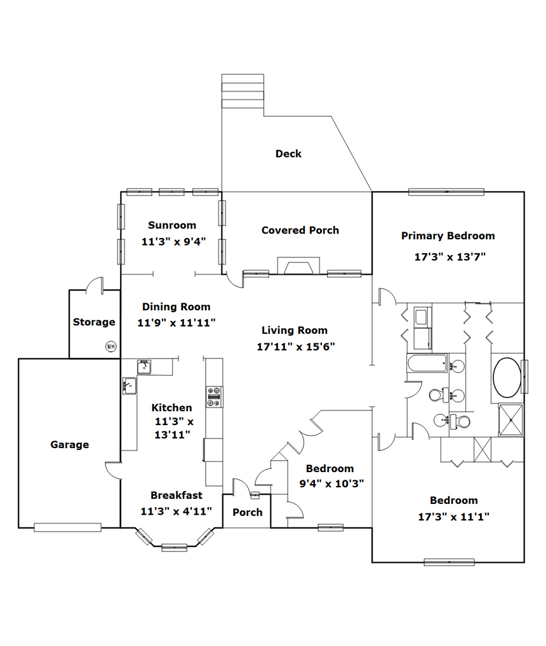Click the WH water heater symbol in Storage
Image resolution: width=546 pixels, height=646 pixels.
(x=111, y=346)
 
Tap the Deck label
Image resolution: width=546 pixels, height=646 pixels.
(x=288, y=154)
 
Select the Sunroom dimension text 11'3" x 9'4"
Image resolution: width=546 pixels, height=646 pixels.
(x=173, y=241)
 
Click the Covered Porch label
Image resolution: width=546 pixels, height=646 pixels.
(x=300, y=230)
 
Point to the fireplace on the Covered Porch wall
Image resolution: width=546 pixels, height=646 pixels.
(x=298, y=266)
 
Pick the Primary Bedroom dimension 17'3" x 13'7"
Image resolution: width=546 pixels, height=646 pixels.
(x=450, y=256)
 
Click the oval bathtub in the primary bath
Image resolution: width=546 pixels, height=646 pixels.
(x=507, y=378)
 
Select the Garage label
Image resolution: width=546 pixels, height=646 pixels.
(x=70, y=445)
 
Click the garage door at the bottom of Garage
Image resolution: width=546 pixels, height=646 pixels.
(x=67, y=527)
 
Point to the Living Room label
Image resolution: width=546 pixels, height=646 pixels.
(x=295, y=330)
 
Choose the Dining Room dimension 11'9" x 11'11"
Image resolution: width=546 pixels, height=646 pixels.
(x=176, y=322)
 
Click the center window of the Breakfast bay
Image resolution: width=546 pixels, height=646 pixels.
(x=175, y=548)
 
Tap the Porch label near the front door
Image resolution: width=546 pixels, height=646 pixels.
(x=247, y=512)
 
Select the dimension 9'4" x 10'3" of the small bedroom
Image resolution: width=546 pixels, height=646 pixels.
(x=331, y=484)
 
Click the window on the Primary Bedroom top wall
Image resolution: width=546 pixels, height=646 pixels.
(x=446, y=192)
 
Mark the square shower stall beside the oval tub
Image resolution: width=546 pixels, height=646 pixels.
(x=511, y=420)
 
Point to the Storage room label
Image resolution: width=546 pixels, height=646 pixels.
(x=94, y=322)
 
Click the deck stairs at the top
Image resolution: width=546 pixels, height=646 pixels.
(x=243, y=91)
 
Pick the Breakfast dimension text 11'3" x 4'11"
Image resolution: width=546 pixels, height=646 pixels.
(x=176, y=511)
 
